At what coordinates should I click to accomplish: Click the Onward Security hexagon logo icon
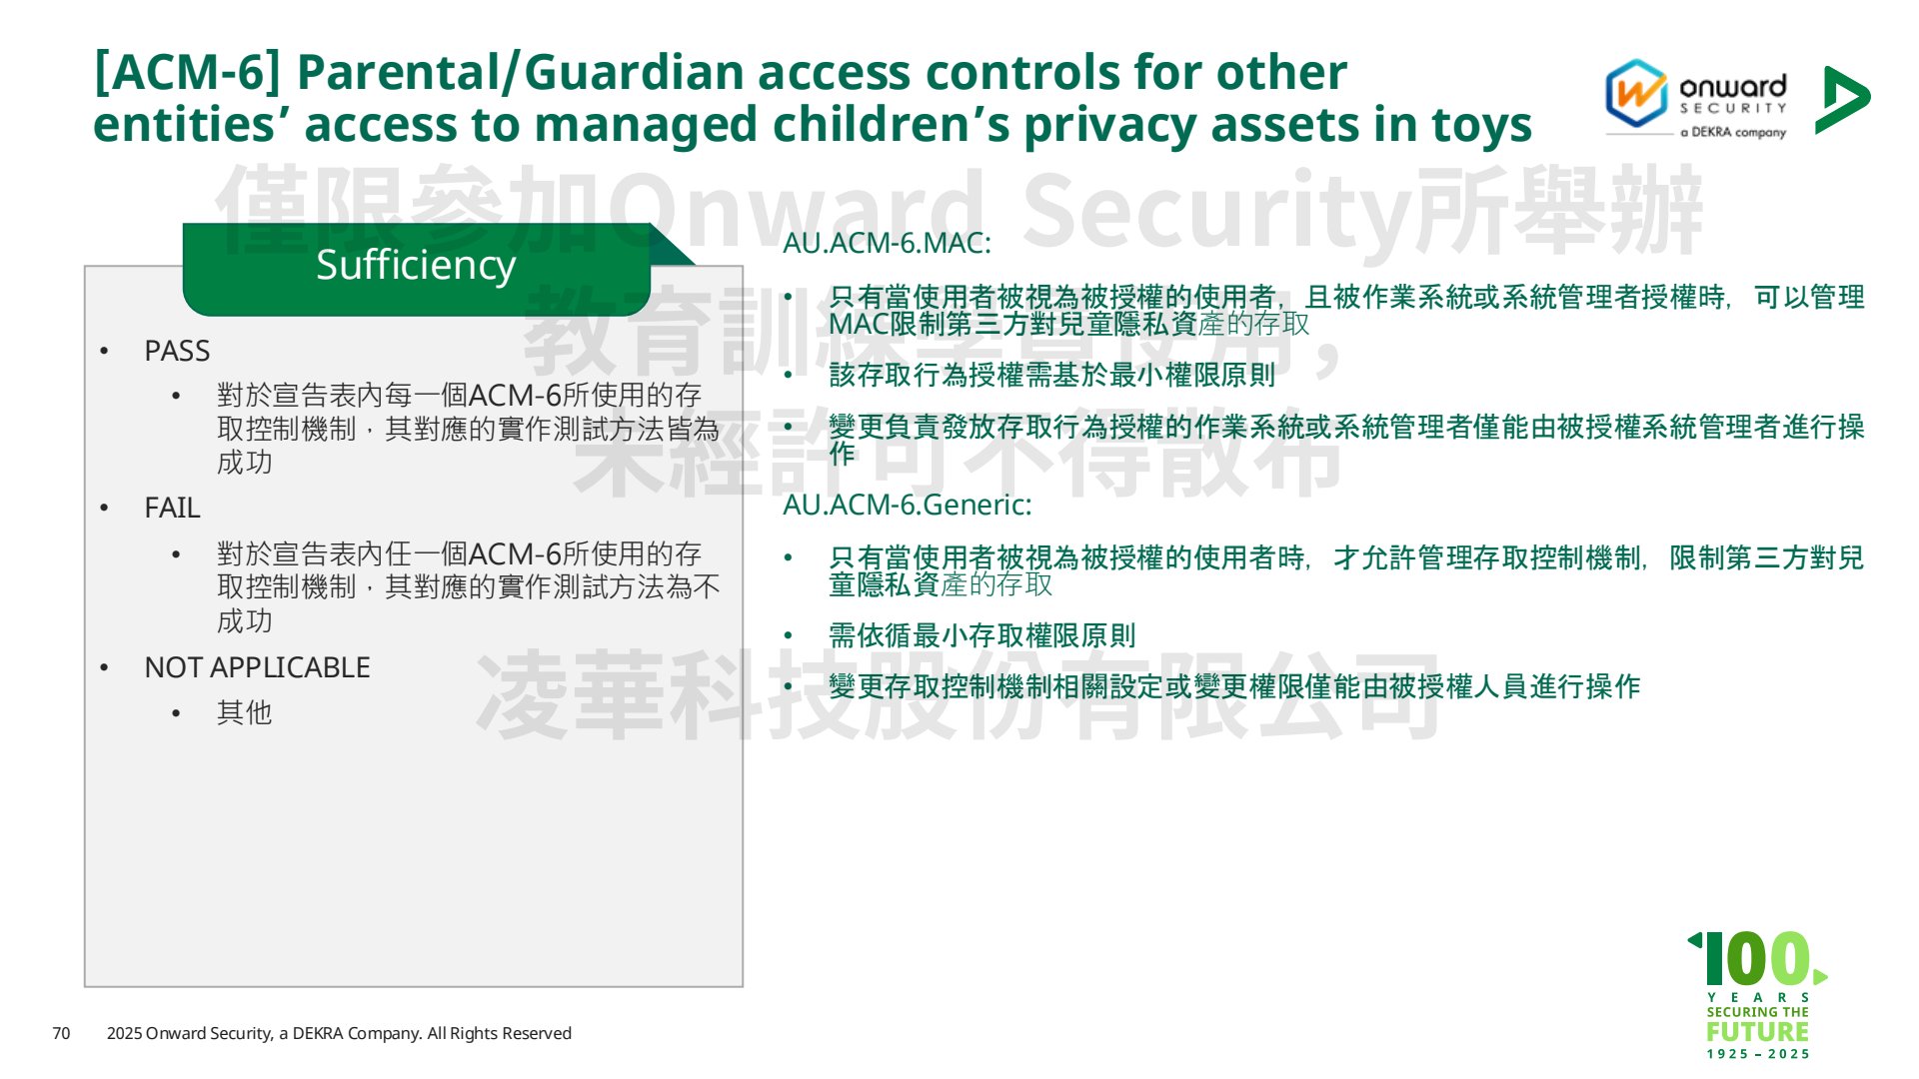pyautogui.click(x=1635, y=93)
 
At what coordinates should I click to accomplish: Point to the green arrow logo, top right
pyautogui.click(x=1841, y=100)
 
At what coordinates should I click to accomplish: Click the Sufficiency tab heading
pyautogui.click(x=416, y=265)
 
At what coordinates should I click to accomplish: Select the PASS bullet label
pyautogui.click(x=177, y=351)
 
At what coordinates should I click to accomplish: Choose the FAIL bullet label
pyautogui.click(x=172, y=508)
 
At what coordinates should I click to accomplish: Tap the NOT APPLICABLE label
pyautogui.click(x=257, y=667)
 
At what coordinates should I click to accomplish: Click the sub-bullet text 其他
pyautogui.click(x=244, y=712)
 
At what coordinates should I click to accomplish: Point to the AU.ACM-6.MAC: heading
pyautogui.click(x=887, y=243)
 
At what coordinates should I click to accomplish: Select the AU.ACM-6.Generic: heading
pyautogui.click(x=907, y=505)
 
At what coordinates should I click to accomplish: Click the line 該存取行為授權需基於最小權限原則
pyautogui.click(x=1051, y=375)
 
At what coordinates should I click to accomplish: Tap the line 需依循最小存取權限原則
pyautogui.click(x=981, y=635)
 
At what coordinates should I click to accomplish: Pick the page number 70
pyautogui.click(x=61, y=1033)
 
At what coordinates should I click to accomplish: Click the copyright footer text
pyautogui.click(x=339, y=1033)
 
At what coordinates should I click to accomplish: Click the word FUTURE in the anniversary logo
pyautogui.click(x=1757, y=1031)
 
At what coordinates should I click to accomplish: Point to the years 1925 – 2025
pyautogui.click(x=1758, y=1054)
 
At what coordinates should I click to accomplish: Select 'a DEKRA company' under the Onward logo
pyautogui.click(x=1732, y=132)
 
